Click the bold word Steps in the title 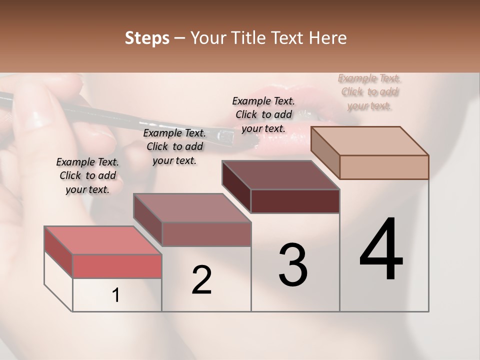[x=147, y=38]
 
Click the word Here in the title [x=327, y=38]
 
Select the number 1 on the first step [x=116, y=295]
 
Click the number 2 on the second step [x=201, y=280]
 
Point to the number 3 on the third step [x=293, y=265]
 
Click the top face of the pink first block [x=102, y=240]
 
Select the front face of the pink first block [x=117, y=266]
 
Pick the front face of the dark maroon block [x=295, y=201]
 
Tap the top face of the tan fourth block [x=369, y=140]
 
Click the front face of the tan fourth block [x=384, y=167]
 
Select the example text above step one [x=87, y=175]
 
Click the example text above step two [x=174, y=146]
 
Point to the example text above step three [x=263, y=114]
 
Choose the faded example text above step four [x=369, y=92]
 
